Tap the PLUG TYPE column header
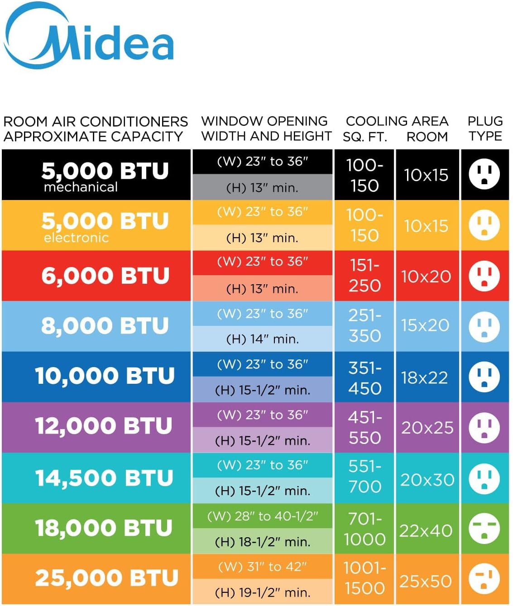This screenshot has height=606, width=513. click(x=485, y=129)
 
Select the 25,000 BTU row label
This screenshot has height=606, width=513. click(x=106, y=578)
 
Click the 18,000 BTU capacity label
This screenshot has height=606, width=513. click(x=104, y=528)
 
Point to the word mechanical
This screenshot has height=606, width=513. click(x=81, y=187)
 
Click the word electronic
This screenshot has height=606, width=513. click(x=76, y=237)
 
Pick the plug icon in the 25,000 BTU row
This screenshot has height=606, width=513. click(x=484, y=579)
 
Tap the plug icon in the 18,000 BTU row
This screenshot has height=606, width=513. click(x=484, y=529)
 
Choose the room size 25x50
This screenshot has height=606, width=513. click(x=426, y=581)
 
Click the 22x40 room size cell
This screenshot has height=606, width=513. click(x=426, y=530)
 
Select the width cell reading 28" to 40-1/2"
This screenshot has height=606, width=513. click(x=263, y=516)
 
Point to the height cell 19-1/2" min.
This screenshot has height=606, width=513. click(x=263, y=592)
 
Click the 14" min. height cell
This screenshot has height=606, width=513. click(x=263, y=339)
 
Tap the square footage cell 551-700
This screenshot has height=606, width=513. click(x=364, y=476)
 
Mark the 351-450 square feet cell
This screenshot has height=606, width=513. click(x=364, y=378)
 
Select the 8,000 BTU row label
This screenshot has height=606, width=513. click(x=105, y=325)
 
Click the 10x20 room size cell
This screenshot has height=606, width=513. click(x=426, y=277)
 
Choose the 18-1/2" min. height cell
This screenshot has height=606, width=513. click(x=263, y=542)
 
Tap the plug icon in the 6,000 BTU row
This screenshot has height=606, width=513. click(x=484, y=276)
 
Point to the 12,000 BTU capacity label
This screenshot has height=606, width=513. click(x=104, y=426)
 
